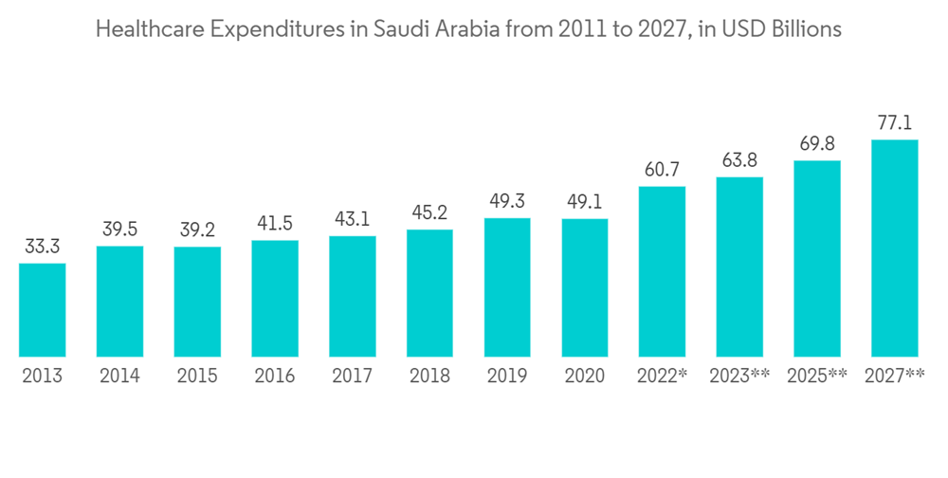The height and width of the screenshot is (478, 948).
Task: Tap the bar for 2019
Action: (508, 287)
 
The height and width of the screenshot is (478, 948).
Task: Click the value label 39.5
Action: (119, 230)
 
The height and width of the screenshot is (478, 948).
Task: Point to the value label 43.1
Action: (353, 220)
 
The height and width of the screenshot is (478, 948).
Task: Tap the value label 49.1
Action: (585, 203)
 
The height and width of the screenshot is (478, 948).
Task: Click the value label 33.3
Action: (43, 248)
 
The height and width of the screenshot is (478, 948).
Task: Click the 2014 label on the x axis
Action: (119, 377)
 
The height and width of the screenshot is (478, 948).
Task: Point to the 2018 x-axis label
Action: (429, 377)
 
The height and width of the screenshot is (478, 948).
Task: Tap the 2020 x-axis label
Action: (585, 377)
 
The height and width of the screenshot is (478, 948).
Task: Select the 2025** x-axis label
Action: (817, 377)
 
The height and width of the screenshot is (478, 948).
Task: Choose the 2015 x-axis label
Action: (197, 377)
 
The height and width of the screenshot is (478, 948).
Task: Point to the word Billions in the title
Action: (807, 30)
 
